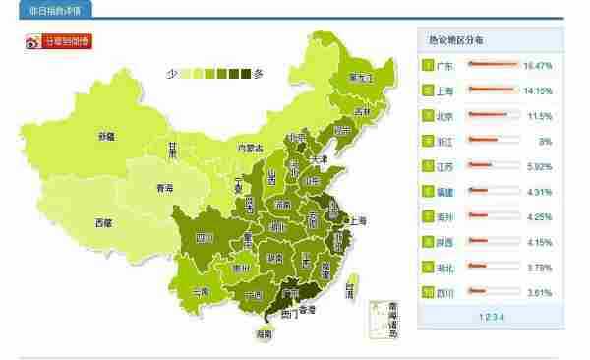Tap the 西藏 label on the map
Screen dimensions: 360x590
click(103, 222)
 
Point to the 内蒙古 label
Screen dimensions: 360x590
click(251, 149)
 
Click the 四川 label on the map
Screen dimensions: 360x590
click(205, 237)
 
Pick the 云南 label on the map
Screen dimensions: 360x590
click(201, 291)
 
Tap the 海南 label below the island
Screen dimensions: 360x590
click(263, 334)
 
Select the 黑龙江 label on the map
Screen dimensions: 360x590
click(363, 78)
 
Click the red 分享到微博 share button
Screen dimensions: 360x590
click(59, 41)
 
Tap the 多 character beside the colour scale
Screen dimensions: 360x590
click(259, 73)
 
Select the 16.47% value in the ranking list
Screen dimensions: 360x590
click(538, 65)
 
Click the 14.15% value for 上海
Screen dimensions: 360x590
click(538, 90)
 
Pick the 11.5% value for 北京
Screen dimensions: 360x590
click(540, 115)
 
